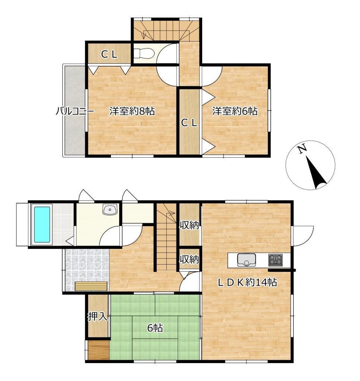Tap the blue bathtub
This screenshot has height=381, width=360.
coord(42,224)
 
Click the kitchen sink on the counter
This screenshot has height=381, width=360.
coord(246,259)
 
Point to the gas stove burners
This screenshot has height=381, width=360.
coord(275,260)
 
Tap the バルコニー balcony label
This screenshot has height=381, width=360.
coord(75,111)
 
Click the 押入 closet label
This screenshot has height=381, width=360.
coord(97,316)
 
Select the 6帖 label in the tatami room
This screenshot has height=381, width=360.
coord(155,328)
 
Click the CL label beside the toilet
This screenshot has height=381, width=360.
coord(109,54)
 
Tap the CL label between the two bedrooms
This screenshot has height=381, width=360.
coord(189,123)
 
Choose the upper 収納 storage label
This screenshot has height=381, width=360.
coord(189,225)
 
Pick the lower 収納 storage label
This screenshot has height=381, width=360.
coord(189,259)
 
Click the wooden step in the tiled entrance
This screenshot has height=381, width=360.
coord(91,286)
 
